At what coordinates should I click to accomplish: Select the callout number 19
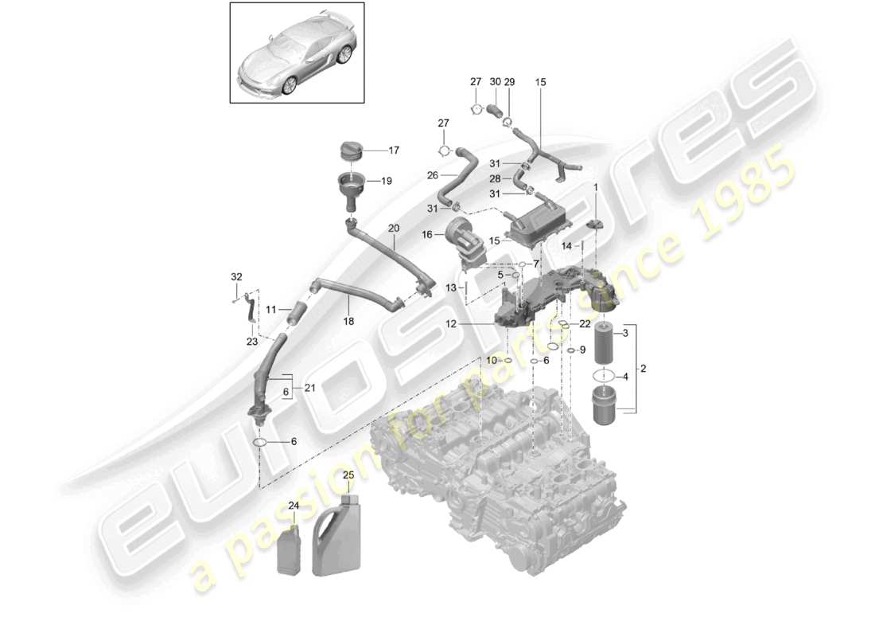(387, 181)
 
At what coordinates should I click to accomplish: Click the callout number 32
(235, 277)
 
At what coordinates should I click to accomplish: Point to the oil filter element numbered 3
(604, 339)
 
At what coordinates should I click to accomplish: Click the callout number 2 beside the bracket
(643, 369)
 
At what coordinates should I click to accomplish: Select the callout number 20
(393, 228)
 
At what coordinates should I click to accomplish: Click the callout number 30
(495, 82)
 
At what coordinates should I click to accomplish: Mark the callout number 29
(510, 82)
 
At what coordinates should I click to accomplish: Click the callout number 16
(427, 235)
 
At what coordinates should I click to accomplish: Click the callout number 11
(270, 309)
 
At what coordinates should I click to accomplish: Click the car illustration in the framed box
(297, 53)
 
